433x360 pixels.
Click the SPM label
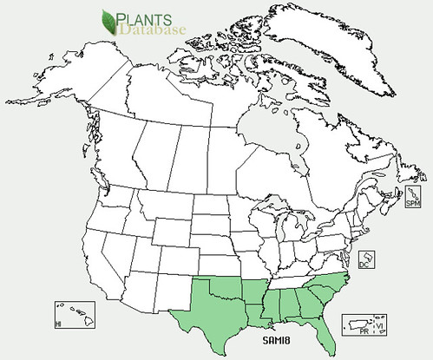coord(412,203)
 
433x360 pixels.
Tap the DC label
coord(364,266)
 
